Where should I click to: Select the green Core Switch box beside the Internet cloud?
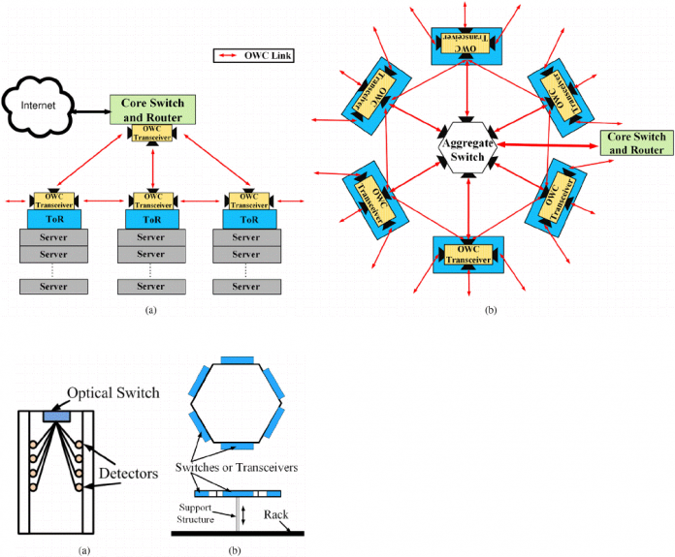pyautogui.click(x=154, y=108)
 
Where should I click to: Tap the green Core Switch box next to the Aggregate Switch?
pyautogui.click(x=635, y=143)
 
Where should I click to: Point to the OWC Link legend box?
pyautogui.click(x=253, y=55)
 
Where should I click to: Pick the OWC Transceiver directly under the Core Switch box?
pyautogui.click(x=154, y=134)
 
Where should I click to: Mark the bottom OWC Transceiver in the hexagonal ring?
pyautogui.click(x=467, y=254)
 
